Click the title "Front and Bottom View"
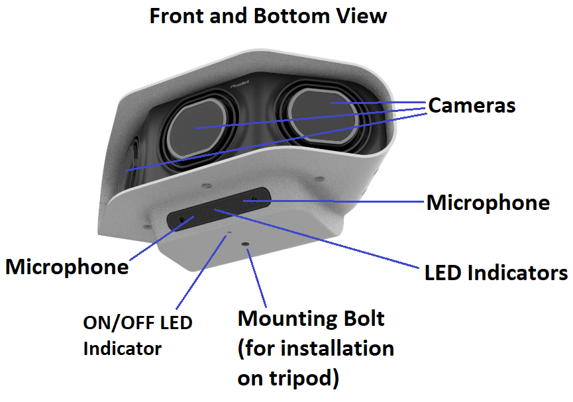268,15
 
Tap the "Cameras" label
472,105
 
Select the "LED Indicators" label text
496,272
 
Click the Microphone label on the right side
488,202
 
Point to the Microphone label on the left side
67,266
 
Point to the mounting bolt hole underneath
246,246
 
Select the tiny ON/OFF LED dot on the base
229,233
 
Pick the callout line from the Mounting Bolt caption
258,278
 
